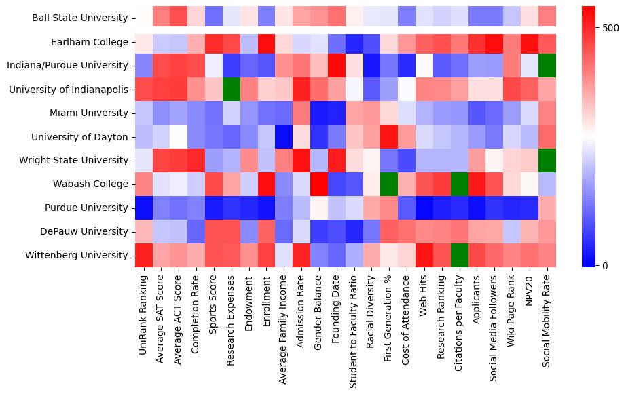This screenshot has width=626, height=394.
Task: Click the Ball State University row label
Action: [x=79, y=18]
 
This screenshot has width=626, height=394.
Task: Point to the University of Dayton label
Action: [x=85, y=137]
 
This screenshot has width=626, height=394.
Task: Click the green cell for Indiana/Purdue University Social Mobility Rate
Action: [x=547, y=66]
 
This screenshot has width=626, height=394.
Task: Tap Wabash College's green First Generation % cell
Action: [x=390, y=184]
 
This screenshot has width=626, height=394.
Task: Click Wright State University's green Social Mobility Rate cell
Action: [x=547, y=161]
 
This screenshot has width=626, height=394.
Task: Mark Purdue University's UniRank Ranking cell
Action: [x=143, y=208]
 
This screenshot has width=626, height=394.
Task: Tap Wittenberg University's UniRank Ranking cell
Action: [x=143, y=256]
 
